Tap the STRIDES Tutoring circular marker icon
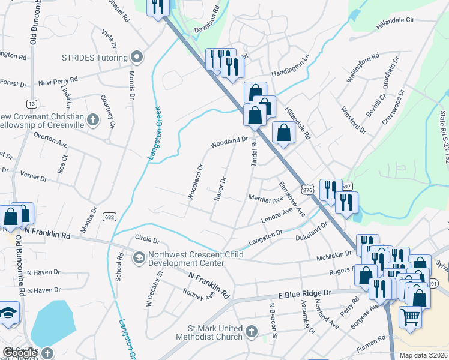pos(136,58)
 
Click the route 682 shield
pos(109,217)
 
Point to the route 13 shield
pos(31,104)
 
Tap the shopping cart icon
pos(411,316)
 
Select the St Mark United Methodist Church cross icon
pos(252,330)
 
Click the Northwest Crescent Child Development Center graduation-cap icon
pos(139,258)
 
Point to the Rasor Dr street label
pos(219,188)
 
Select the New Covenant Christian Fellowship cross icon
pos(92,120)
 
